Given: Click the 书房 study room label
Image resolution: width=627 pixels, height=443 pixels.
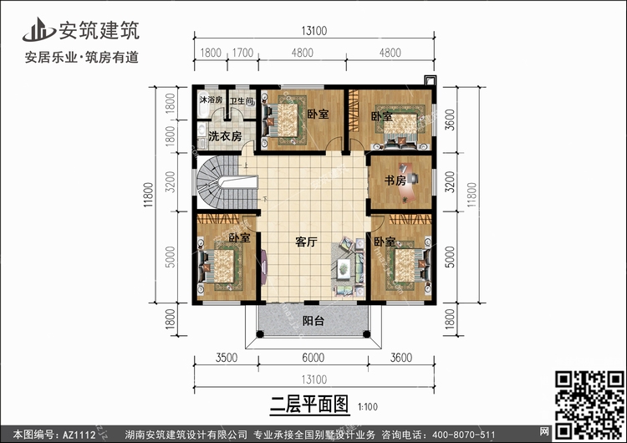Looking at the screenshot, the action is click(395, 181).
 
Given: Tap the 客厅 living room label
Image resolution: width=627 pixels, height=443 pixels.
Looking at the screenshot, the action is click(306, 242).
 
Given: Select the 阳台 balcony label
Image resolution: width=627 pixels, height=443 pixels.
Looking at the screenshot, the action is click(313, 321).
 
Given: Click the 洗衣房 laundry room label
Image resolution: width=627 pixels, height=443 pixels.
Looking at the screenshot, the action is click(225, 136).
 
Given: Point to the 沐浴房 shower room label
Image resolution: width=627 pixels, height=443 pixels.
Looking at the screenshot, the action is click(211, 99).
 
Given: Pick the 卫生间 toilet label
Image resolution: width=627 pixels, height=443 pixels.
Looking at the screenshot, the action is click(242, 101).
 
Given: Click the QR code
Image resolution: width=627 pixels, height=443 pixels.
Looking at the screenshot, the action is click(589, 405).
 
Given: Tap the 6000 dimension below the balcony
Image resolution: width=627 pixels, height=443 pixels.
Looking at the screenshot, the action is click(313, 358).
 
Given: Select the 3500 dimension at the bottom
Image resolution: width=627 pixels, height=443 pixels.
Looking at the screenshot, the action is click(227, 358).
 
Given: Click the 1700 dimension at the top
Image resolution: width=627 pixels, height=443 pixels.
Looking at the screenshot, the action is click(242, 53).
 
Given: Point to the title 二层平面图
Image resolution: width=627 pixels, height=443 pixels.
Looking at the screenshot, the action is click(309, 405).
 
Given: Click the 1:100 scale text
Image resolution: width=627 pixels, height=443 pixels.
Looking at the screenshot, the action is click(368, 407).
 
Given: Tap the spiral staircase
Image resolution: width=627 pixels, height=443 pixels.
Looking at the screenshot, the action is click(228, 182).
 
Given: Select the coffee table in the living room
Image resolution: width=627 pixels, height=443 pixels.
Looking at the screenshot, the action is click(344, 268).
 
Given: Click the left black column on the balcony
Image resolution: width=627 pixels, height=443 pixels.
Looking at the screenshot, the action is click(260, 334).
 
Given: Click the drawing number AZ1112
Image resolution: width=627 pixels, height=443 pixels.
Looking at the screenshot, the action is click(79, 435).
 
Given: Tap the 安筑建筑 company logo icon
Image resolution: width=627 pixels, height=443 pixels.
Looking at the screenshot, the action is click(38, 30).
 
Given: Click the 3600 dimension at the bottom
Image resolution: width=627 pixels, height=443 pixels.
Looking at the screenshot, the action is click(401, 358).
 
